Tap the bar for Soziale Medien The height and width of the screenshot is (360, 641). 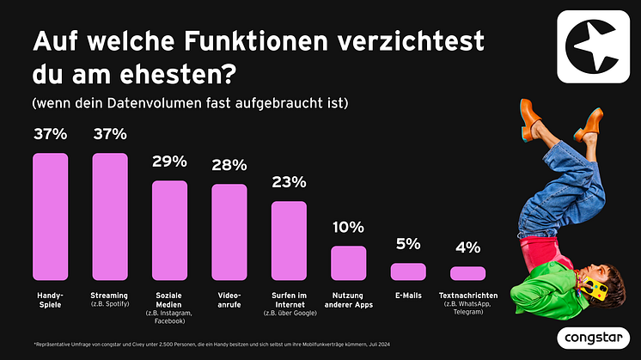click(169, 230)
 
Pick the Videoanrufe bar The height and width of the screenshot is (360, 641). click(229, 232)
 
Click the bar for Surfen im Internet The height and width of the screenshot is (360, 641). click(289, 241)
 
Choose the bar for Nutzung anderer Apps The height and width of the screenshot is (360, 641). click(349, 263)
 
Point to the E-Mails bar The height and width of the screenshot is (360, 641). click(408, 272)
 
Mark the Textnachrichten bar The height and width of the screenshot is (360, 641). click(468, 273)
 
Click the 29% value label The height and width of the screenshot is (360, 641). click(169, 162)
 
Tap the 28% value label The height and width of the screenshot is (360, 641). click(229, 165)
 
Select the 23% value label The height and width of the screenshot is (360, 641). click(289, 182)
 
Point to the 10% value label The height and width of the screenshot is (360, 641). click(349, 228)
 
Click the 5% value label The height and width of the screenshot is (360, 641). click(408, 245)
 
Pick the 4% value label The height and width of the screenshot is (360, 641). click(468, 248)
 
